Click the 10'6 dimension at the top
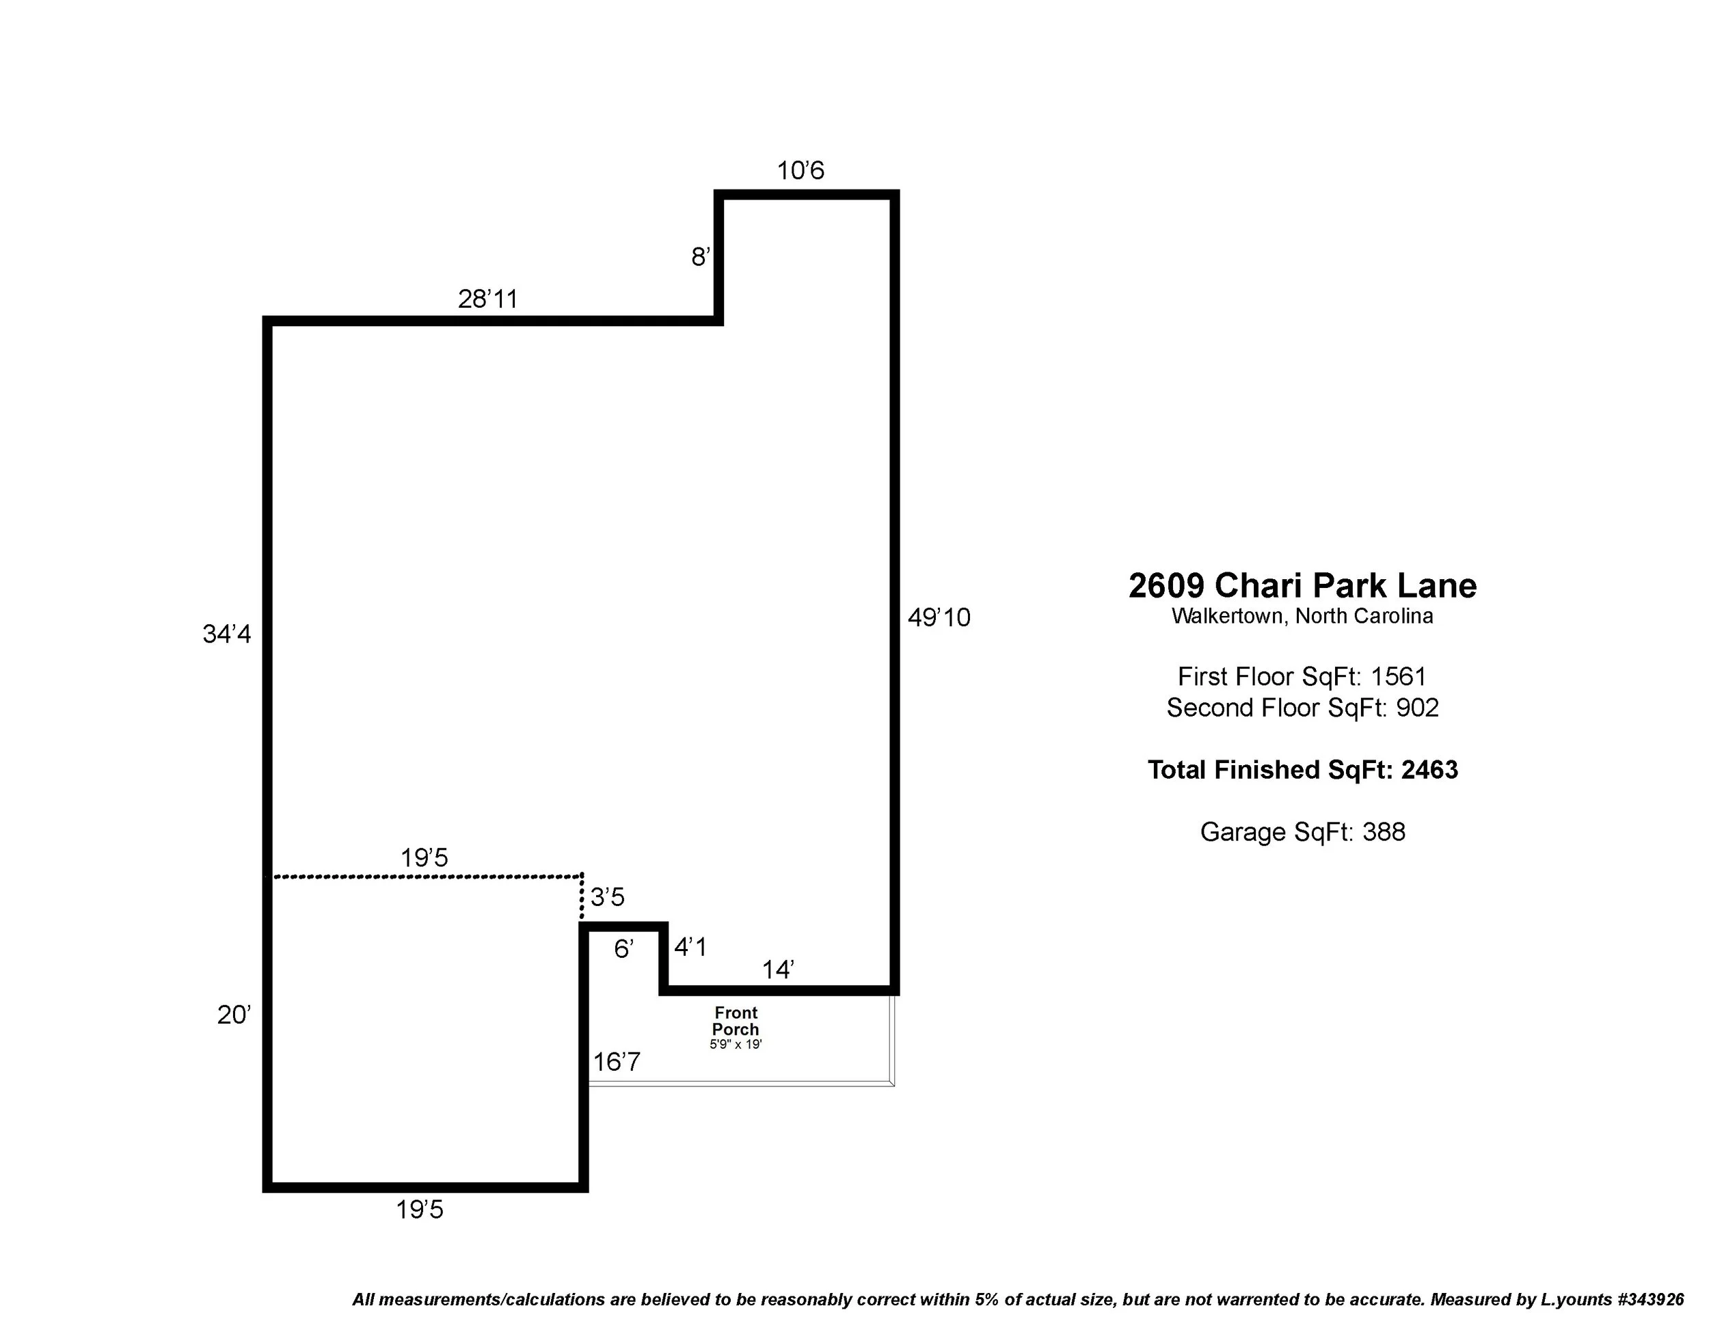click(x=800, y=171)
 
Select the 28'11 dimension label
click(x=487, y=299)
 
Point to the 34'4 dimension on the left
click(x=227, y=634)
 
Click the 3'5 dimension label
click(x=607, y=897)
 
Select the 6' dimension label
click(x=623, y=949)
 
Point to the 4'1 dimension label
click(x=690, y=948)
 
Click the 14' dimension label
click(x=778, y=970)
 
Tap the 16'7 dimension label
click(x=617, y=1062)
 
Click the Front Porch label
click(x=736, y=1022)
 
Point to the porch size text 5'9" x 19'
click(x=736, y=1045)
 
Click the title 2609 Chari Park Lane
click(x=1302, y=585)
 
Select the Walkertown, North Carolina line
click(x=1302, y=616)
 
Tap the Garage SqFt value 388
click(x=1384, y=832)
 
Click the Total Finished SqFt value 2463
click(x=1429, y=770)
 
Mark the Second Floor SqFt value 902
click(x=1417, y=708)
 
